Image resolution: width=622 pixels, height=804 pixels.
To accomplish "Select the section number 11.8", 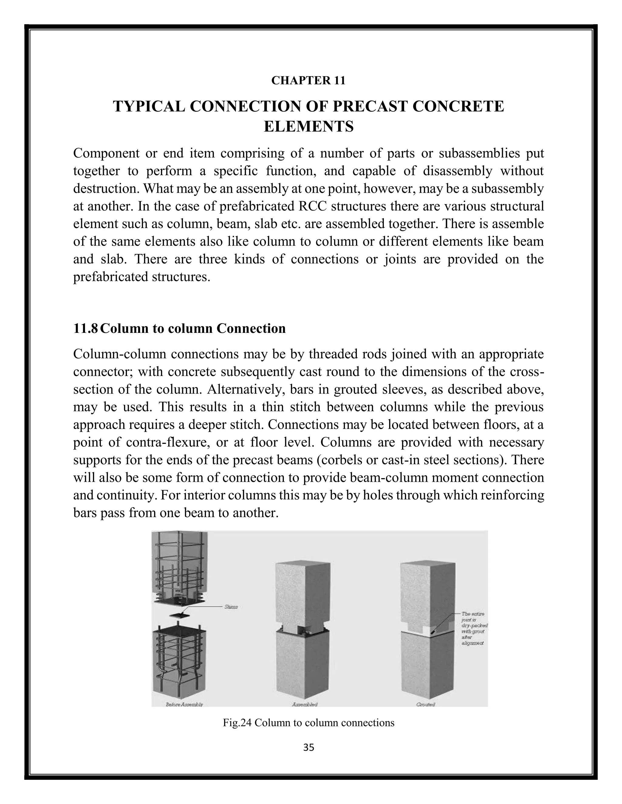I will pos(85,328).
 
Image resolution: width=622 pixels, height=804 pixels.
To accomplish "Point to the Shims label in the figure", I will pos(231,607).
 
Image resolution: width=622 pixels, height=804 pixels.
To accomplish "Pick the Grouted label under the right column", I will pos(425,704).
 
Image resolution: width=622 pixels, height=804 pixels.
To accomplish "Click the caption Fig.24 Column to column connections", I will pos(309,723).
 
